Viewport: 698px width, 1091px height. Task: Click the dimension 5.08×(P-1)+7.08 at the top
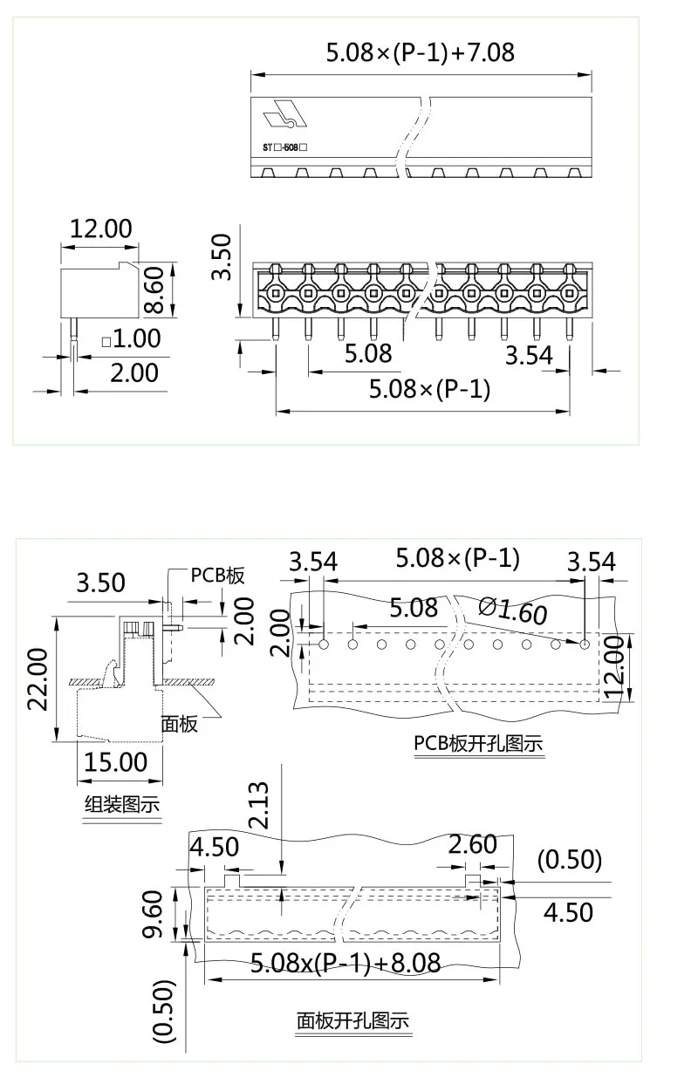tap(420, 52)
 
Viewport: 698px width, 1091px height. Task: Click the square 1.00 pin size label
tap(131, 338)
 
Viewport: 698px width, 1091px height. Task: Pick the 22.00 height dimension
tap(37, 679)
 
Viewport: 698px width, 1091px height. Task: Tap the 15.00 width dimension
tap(115, 761)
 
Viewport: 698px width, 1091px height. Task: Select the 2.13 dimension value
tap(258, 806)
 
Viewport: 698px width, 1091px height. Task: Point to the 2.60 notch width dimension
tap(472, 844)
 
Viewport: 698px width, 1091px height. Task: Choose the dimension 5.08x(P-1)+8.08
tap(345, 963)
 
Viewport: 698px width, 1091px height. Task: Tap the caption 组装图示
tap(121, 804)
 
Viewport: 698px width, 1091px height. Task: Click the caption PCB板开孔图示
tap(477, 744)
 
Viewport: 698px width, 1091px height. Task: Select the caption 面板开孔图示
tap(352, 1020)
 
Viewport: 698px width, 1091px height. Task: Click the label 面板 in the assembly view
tap(179, 723)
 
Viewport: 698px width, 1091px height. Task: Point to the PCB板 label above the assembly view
tap(217, 576)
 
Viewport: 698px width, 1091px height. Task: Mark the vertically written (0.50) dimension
tap(164, 1011)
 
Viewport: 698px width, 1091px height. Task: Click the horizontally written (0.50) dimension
tap(569, 860)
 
